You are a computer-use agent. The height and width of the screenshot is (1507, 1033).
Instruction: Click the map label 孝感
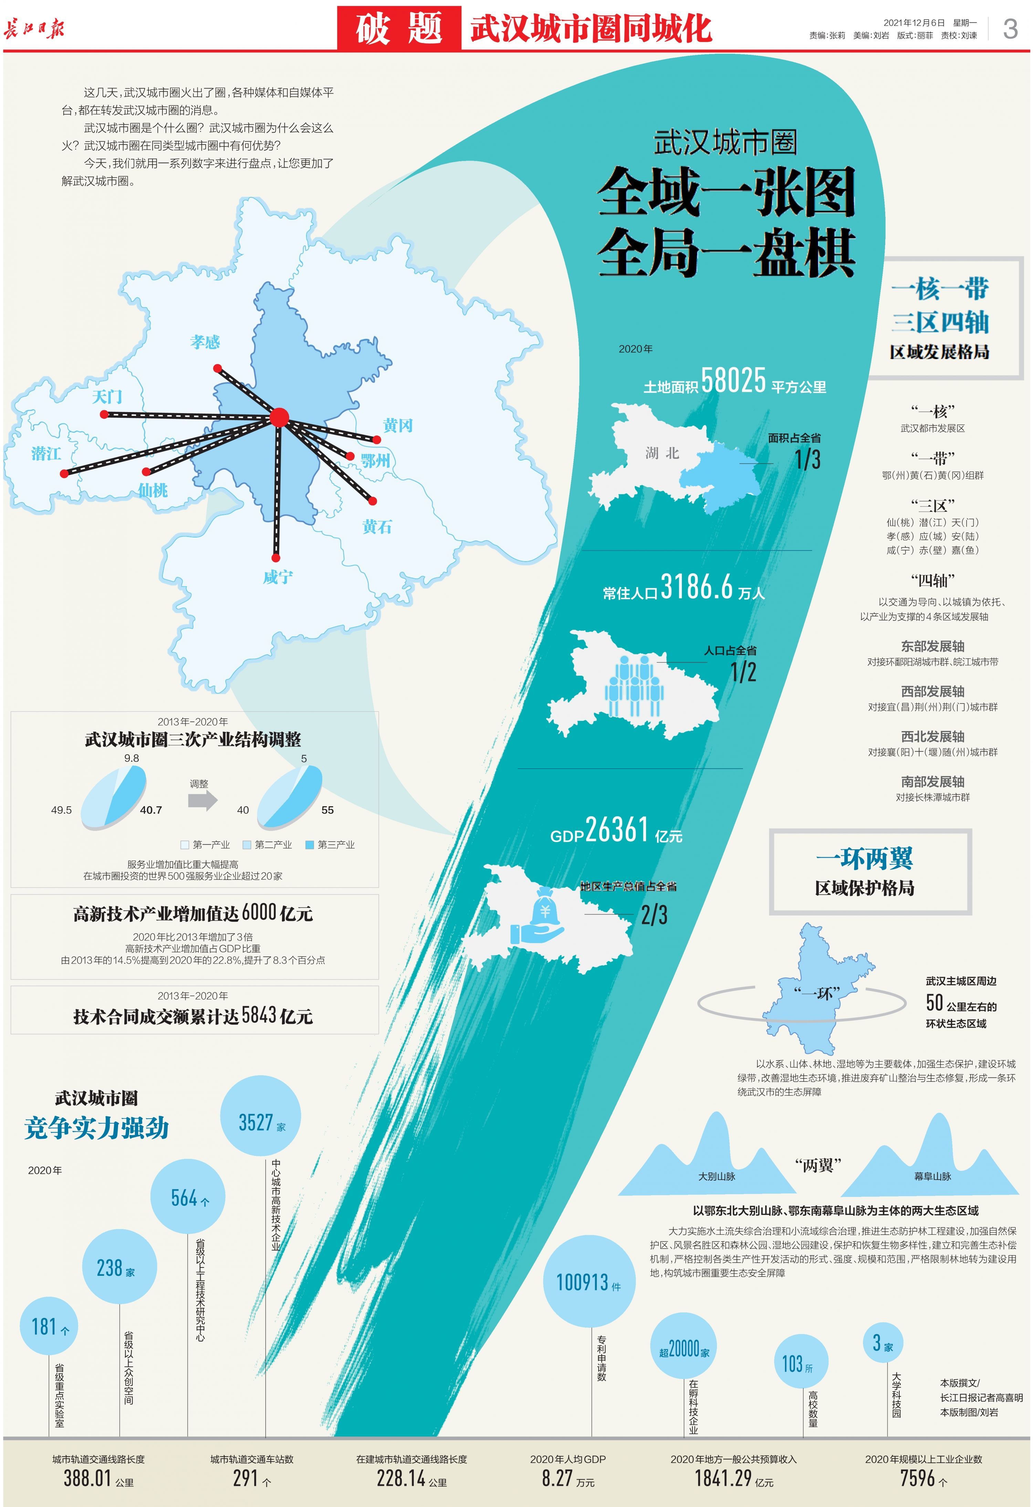coord(205,342)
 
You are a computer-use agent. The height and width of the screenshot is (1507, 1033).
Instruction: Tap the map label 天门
coord(107,396)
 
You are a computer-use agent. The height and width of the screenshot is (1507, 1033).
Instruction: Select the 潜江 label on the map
coord(46,453)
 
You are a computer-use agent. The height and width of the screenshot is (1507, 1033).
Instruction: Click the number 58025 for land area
coord(733,381)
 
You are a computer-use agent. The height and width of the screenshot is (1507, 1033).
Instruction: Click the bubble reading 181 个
coord(49,1327)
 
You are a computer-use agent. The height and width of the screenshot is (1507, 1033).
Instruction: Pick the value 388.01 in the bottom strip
coord(87,1478)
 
